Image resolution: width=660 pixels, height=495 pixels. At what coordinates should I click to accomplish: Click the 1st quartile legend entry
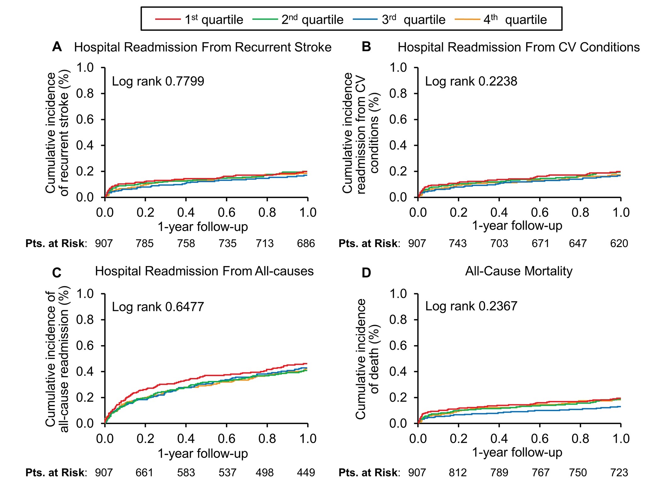199,19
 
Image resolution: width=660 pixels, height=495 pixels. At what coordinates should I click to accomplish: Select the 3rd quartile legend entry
399,19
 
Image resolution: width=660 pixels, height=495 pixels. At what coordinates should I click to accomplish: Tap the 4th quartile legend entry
501,19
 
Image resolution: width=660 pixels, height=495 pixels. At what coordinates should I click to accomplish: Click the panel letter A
57,47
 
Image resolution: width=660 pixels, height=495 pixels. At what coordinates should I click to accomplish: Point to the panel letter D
366,272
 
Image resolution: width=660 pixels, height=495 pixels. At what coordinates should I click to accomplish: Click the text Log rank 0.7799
158,81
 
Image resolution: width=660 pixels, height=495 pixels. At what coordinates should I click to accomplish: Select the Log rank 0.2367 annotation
471,306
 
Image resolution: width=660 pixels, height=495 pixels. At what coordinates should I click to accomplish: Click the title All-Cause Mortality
519,271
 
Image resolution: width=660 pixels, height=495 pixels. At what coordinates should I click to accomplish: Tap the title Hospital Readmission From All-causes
204,271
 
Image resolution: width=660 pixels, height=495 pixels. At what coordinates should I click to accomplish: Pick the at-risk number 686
306,244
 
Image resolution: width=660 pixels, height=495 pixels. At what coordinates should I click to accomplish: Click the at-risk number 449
306,473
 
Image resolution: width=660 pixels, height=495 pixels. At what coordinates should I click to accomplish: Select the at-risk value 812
458,473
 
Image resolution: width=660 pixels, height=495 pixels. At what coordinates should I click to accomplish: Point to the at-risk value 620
619,244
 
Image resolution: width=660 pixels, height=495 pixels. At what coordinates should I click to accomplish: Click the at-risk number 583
186,473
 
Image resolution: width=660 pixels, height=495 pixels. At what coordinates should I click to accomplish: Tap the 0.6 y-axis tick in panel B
398,119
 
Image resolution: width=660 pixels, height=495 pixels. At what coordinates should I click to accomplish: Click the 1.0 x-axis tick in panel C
308,439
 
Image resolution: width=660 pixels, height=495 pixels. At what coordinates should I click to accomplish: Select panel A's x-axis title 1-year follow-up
203,227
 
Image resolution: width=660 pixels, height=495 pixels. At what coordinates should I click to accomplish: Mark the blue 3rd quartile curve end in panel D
620,407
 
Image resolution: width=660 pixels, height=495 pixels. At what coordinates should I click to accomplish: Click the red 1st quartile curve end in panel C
307,364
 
